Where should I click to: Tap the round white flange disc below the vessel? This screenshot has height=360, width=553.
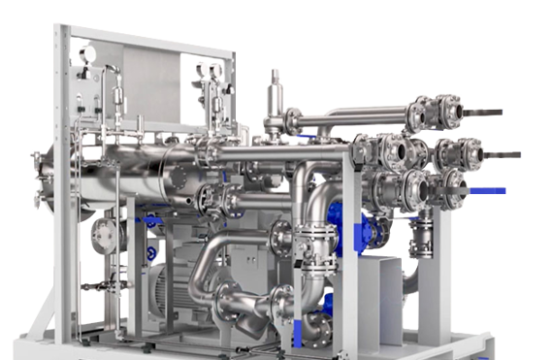[x=102, y=233]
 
